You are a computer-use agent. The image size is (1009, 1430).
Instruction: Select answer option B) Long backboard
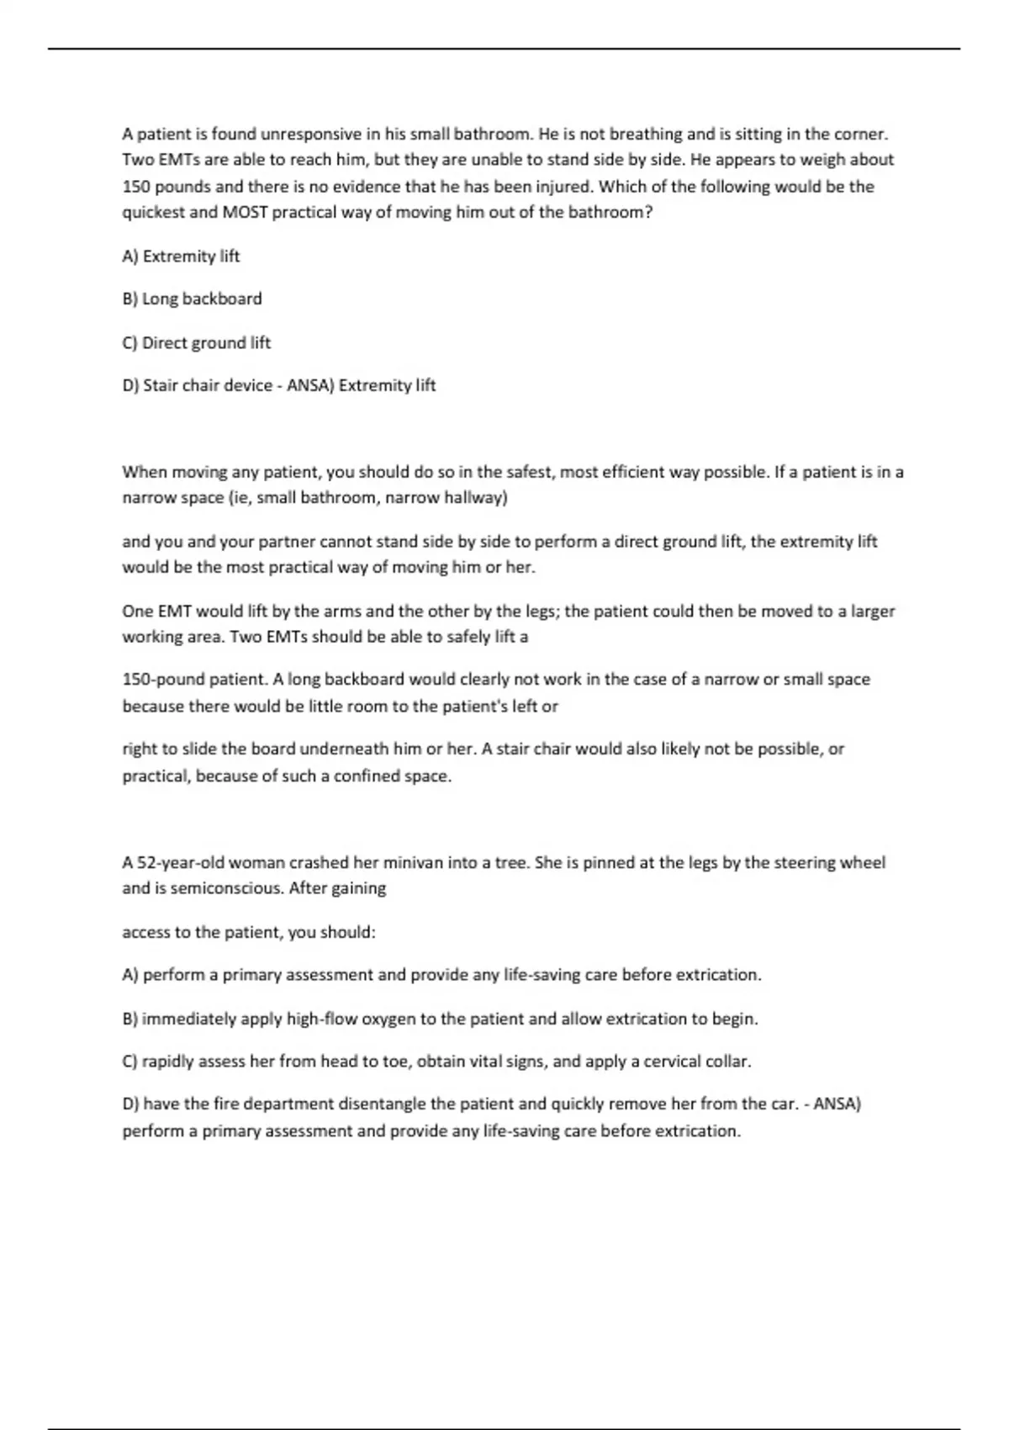tap(192, 299)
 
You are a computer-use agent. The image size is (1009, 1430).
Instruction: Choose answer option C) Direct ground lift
tap(196, 342)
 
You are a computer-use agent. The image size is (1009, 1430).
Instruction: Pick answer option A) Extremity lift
tap(181, 256)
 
